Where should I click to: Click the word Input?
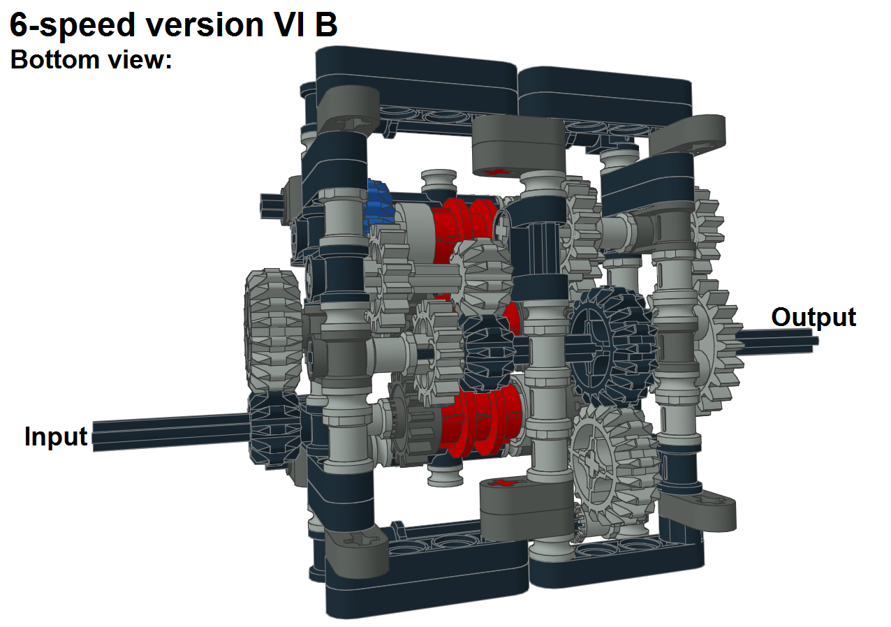pos(56,436)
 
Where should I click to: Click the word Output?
pos(813,317)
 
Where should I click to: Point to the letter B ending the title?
pos(326,25)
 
